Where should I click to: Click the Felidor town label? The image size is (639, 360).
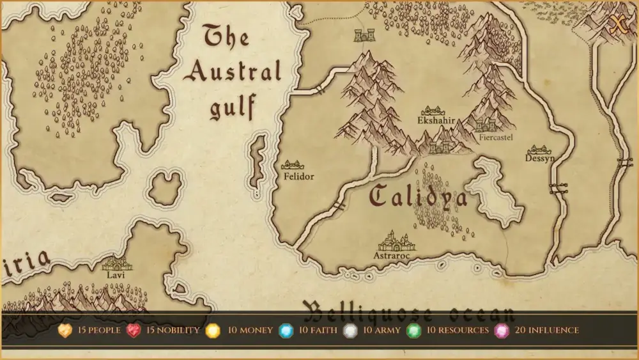click(x=299, y=176)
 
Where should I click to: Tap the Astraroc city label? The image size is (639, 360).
click(x=392, y=256)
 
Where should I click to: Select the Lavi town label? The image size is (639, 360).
click(x=116, y=275)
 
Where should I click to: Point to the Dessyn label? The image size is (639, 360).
click(x=540, y=158)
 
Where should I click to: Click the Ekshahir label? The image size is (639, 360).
click(x=436, y=120)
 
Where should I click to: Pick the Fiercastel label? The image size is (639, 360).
click(x=496, y=137)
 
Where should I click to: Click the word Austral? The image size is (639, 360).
click(x=233, y=72)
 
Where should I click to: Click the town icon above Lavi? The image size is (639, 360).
click(x=116, y=263)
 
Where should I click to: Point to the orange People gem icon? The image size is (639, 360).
click(x=65, y=331)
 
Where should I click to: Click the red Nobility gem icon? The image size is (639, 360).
click(x=133, y=331)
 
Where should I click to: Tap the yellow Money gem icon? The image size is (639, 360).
click(x=213, y=331)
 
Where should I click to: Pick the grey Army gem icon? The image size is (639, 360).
click(x=350, y=331)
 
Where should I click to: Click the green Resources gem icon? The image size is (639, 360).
click(x=413, y=331)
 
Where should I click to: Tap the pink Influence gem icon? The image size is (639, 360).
click(x=502, y=331)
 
